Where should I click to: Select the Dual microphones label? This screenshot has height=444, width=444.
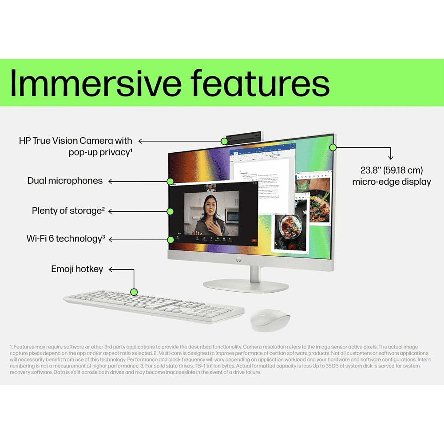coord(65,181)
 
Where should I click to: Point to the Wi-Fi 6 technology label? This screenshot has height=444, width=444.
coord(66,239)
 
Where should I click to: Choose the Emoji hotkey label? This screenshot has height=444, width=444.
coord(77,269)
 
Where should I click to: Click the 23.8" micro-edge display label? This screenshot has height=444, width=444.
coord(391,176)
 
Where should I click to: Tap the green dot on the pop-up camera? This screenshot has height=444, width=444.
coord(225,141)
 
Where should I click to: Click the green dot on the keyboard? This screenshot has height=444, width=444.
coord(134,292)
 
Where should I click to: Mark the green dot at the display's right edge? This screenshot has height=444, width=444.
coord(332,147)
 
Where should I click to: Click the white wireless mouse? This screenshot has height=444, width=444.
coord(270,320)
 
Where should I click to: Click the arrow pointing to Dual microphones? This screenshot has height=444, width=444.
coord(138,181)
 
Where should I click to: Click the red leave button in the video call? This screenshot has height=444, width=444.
coord(254,240)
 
